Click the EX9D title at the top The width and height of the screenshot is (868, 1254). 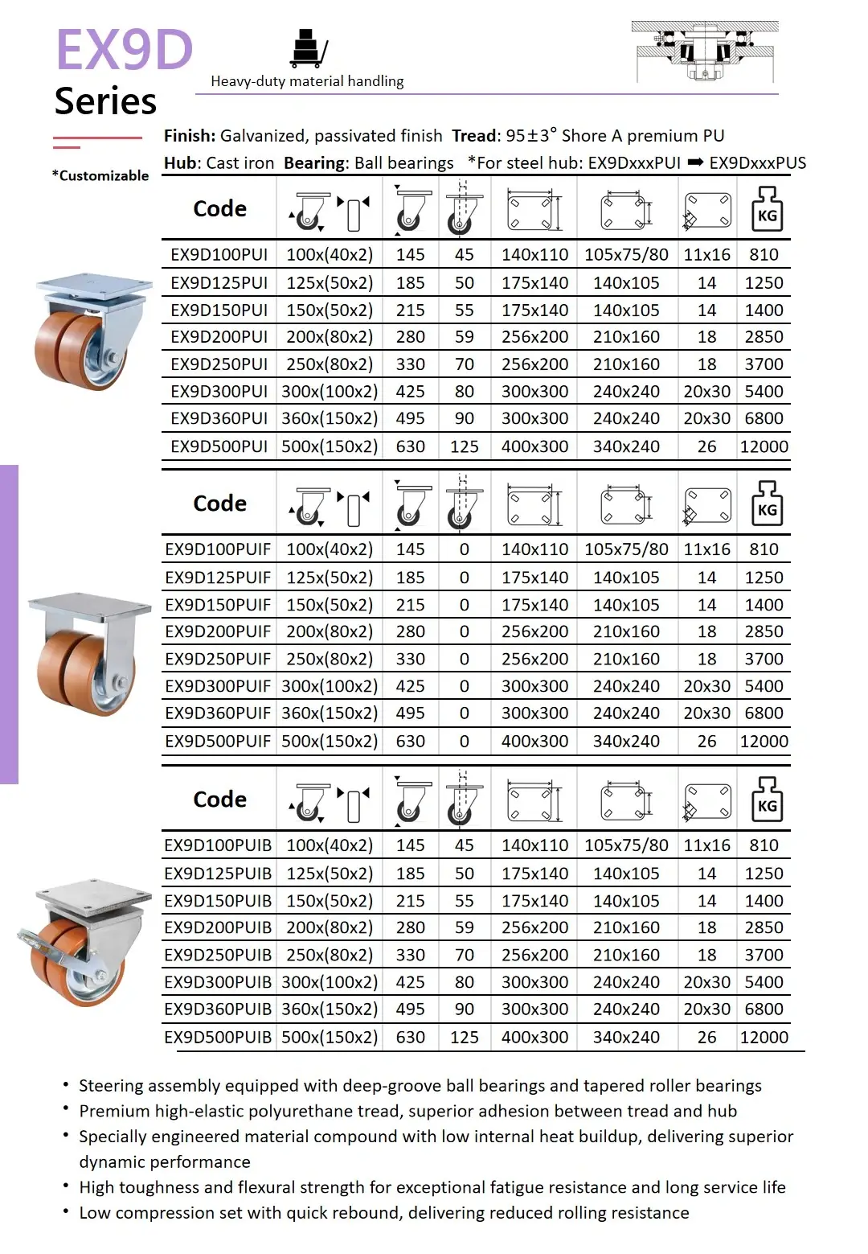point(125,50)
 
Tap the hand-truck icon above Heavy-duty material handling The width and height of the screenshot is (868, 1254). point(309,48)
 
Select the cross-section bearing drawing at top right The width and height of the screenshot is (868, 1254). point(705,51)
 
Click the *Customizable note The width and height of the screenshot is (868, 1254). point(100,175)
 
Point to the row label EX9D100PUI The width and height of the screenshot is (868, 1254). point(219,255)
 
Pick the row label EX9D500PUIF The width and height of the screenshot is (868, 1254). point(218,741)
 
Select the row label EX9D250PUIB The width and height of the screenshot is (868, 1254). point(218,955)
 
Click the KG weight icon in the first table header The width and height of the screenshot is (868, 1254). point(767,209)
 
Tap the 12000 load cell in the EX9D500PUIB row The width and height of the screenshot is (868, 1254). point(764,1037)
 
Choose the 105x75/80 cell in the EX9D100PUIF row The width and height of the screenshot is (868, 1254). point(626,549)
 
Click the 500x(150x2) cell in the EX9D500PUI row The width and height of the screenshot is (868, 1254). point(330,446)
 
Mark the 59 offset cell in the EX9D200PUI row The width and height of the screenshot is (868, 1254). point(464,337)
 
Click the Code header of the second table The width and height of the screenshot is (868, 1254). point(219,504)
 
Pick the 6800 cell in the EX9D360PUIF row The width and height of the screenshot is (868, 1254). point(764,713)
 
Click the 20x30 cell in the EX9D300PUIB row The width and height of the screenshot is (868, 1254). point(706,982)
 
